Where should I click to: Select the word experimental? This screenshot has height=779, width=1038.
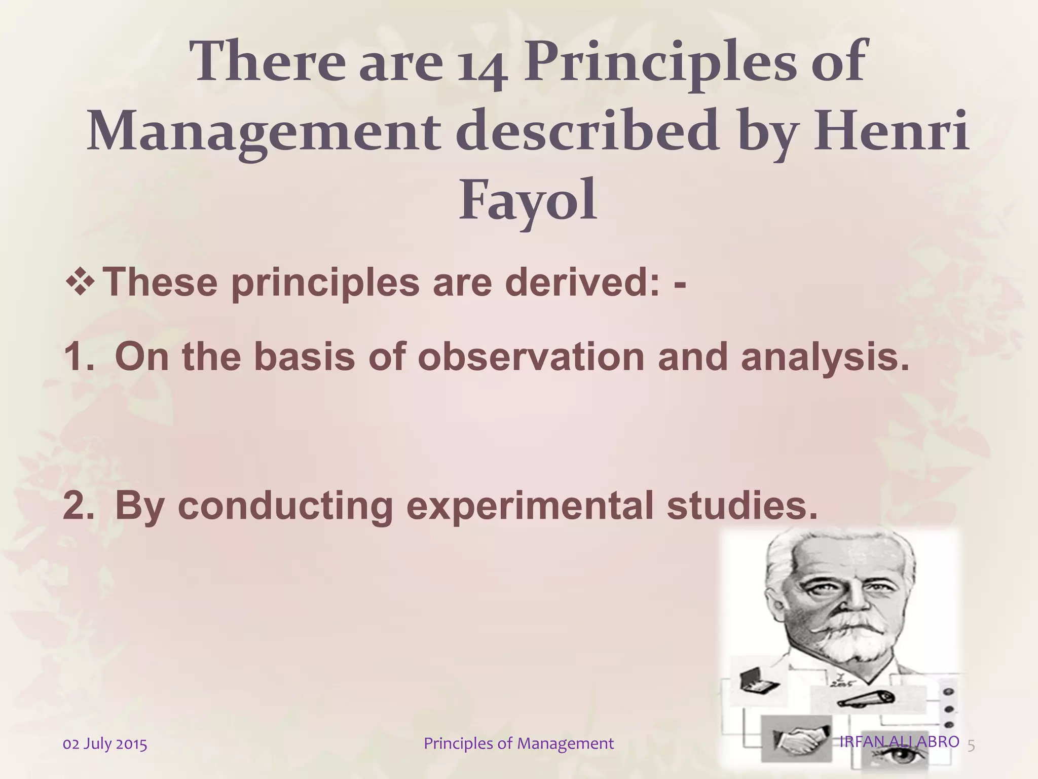[x=530, y=506]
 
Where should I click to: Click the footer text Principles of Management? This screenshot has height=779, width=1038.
[x=518, y=744]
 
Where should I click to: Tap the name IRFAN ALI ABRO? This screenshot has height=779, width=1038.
[x=899, y=741]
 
